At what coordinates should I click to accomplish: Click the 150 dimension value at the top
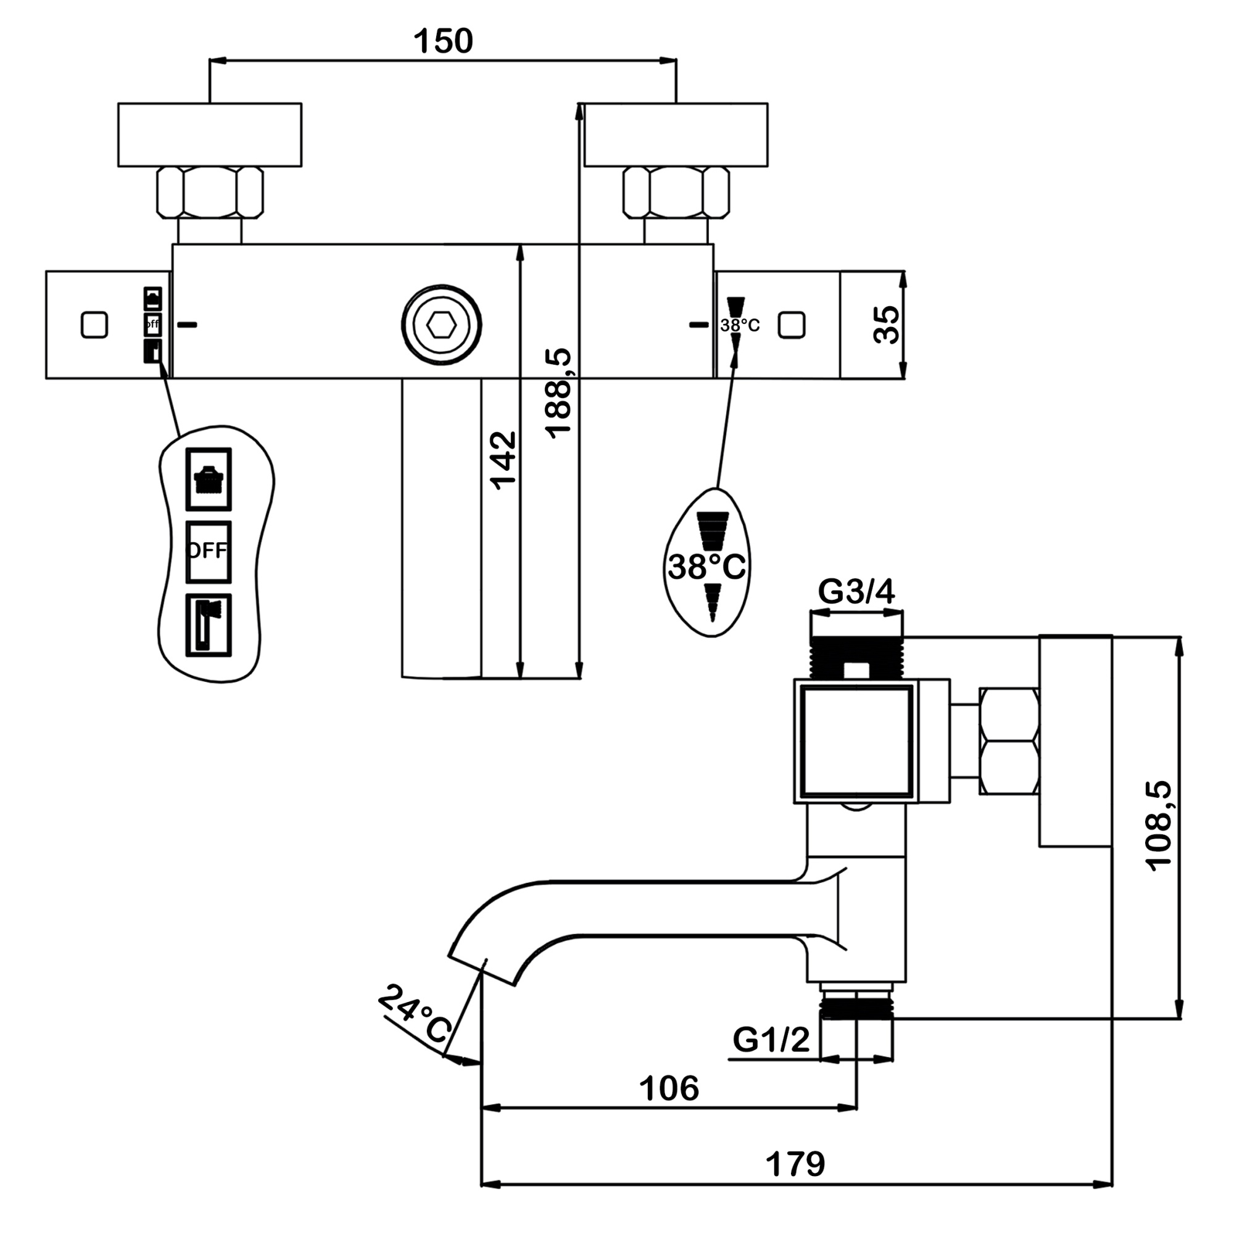pos(442,41)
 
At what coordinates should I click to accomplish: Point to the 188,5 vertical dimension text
pos(558,393)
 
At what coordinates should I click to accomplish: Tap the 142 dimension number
pos(503,460)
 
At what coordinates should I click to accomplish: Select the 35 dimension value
pos(886,325)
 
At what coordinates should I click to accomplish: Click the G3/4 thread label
pos(856,592)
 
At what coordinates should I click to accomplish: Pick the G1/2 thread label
pos(771,1039)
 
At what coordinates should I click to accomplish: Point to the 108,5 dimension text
pos(1159,824)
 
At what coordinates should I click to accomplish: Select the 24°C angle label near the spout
pos(415,1014)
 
